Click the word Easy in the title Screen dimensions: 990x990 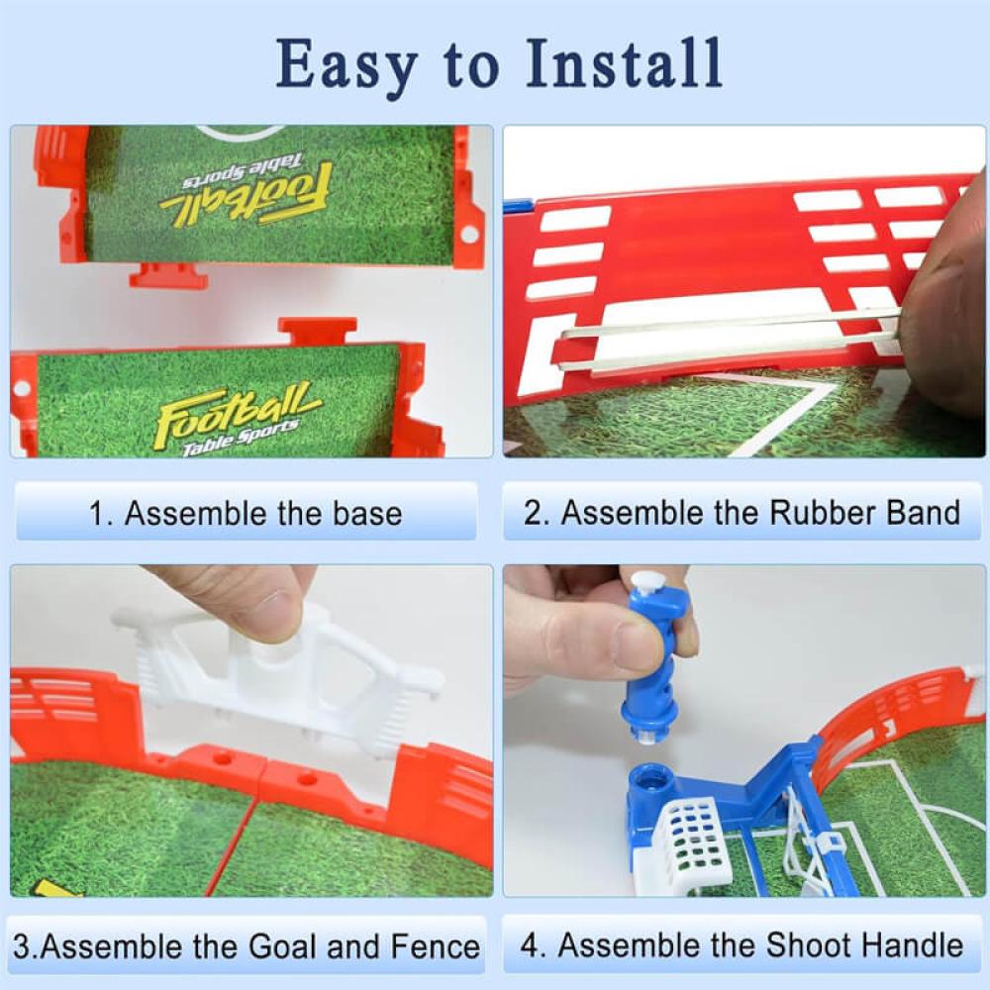346,65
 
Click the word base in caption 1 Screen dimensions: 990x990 367,513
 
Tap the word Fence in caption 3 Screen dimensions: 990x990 435,946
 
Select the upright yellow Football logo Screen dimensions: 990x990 237,417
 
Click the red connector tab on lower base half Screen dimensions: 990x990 318,331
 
